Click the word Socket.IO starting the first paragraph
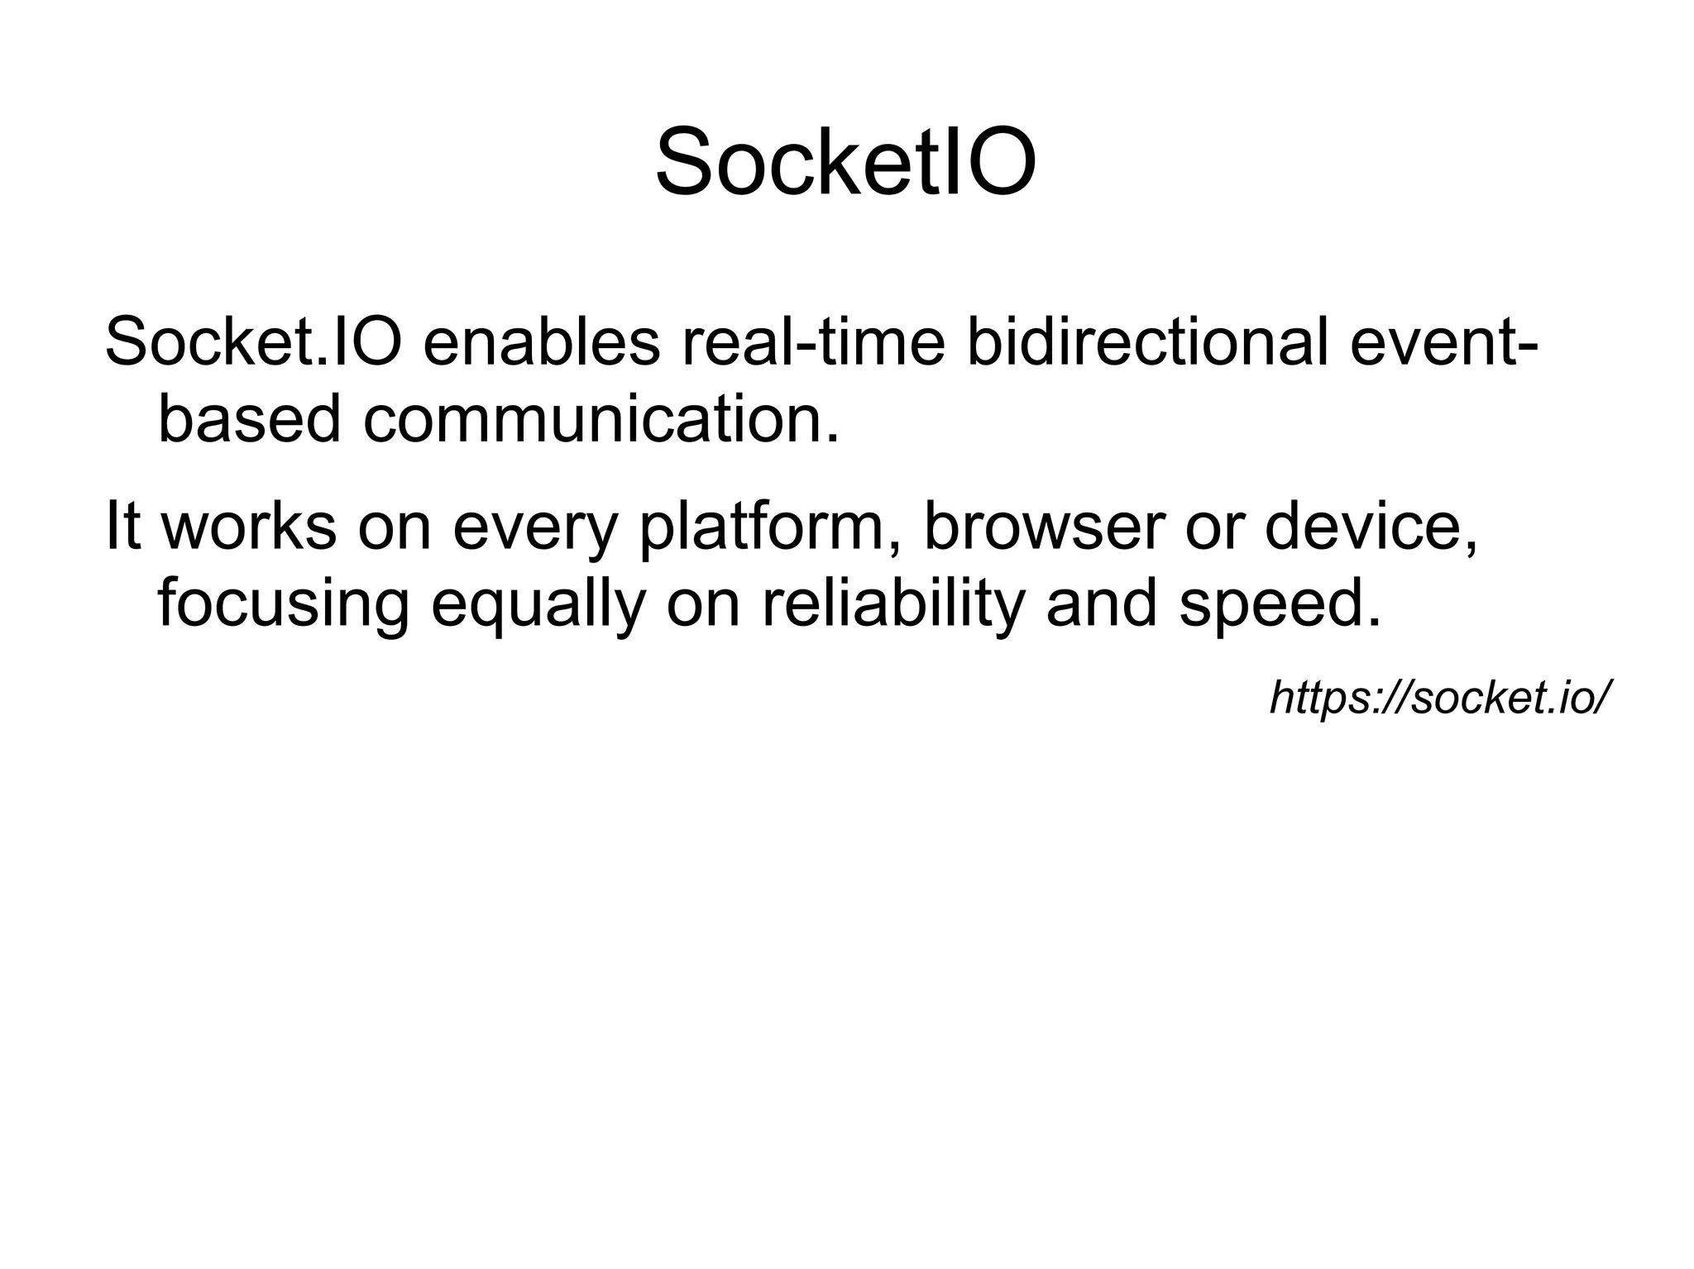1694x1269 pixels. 253,341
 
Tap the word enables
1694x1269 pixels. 541,341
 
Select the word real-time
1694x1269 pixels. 813,341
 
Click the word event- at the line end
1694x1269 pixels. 1443,341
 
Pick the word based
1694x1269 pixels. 248,419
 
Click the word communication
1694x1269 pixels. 601,419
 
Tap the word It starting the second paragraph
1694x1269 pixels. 122,527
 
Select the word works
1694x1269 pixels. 248,527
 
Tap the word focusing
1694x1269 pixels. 283,605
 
